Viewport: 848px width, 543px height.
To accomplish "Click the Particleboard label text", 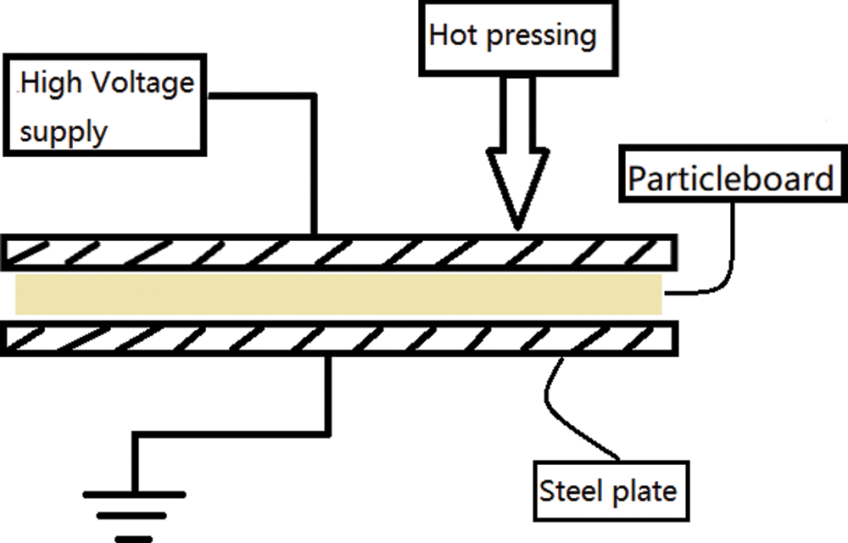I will click(730, 179).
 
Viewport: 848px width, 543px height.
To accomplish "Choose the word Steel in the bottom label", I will click(567, 490).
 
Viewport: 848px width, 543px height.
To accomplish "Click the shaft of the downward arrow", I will click(516, 110).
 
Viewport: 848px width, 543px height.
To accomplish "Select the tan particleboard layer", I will click(339, 294).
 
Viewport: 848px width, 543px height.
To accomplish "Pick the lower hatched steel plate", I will click(339, 339).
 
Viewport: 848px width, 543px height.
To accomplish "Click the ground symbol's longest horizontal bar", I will click(133, 494).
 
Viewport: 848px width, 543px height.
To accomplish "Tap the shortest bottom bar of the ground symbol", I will click(133, 537).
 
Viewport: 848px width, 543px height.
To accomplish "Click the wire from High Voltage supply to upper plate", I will click(315, 161).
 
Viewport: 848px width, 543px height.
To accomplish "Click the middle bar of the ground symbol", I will click(133, 516).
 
